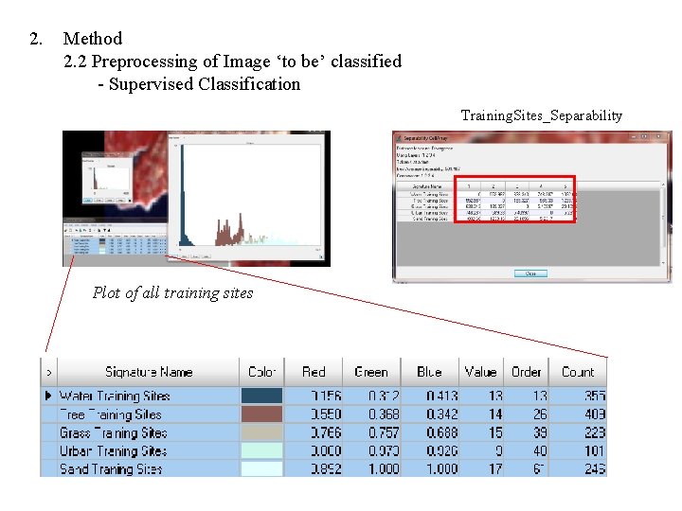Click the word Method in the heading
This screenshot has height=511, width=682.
tap(93, 39)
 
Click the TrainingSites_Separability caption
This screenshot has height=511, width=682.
tap(541, 115)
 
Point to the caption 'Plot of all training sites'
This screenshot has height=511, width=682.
tap(172, 292)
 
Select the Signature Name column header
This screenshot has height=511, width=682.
tap(148, 372)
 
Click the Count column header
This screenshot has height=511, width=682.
tap(577, 372)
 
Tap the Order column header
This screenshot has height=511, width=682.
tap(526, 372)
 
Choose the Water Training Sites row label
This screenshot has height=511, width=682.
tap(115, 396)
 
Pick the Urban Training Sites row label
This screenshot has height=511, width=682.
tap(113, 450)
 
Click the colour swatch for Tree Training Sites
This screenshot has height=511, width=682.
tap(261, 414)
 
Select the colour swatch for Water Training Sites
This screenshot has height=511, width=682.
tap(261, 396)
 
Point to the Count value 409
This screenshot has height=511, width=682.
tap(593, 414)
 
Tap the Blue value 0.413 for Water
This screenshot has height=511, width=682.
tap(435, 396)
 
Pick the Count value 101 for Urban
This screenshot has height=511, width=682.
tap(593, 450)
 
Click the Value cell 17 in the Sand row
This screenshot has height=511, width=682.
tap(494, 468)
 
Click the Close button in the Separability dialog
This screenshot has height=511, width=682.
tap(530, 273)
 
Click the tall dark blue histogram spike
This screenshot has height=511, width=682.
tap(181, 199)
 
